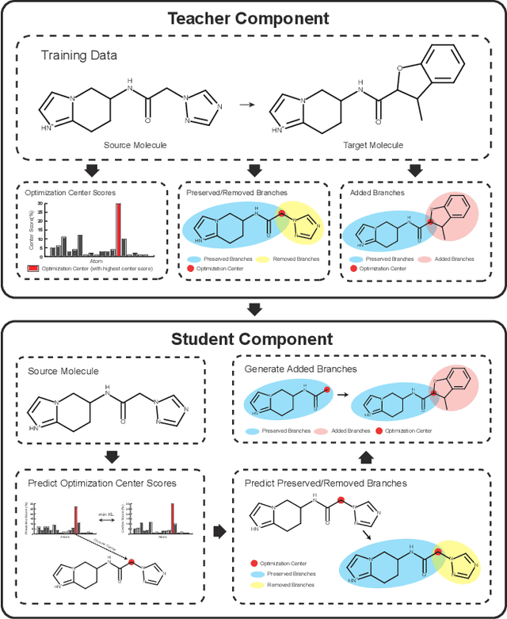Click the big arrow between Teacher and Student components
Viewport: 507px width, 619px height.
pos(253,308)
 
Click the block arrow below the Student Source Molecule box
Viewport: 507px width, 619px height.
pos(111,456)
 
